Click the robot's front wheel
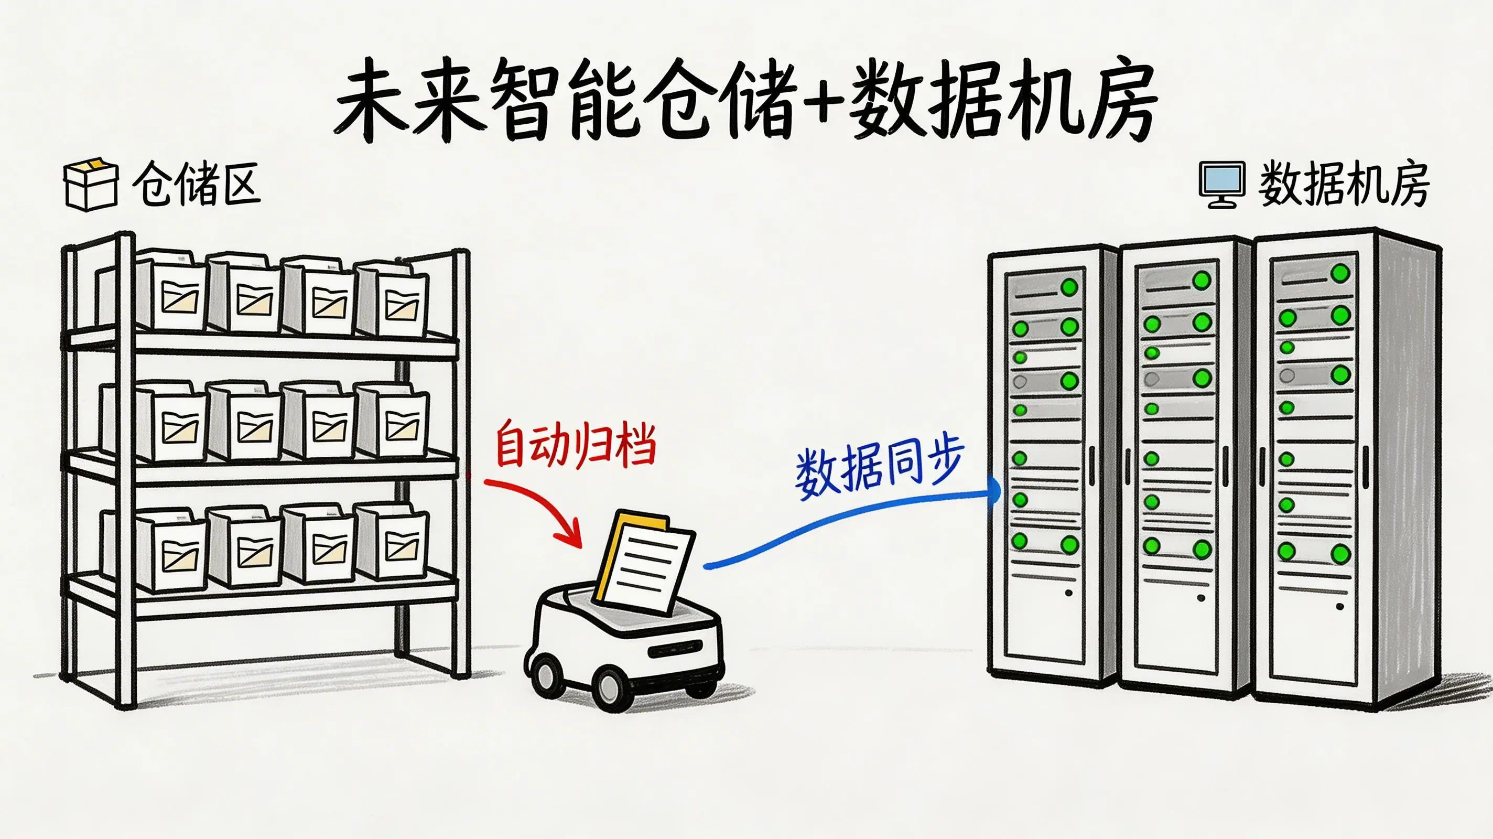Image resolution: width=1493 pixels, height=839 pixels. (611, 687)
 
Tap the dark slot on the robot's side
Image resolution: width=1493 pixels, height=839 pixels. (676, 649)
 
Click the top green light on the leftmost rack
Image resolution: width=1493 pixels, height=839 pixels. (1069, 287)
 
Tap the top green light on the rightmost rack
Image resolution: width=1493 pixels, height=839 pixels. (1340, 273)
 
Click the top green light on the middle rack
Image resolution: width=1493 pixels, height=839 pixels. (1202, 281)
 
